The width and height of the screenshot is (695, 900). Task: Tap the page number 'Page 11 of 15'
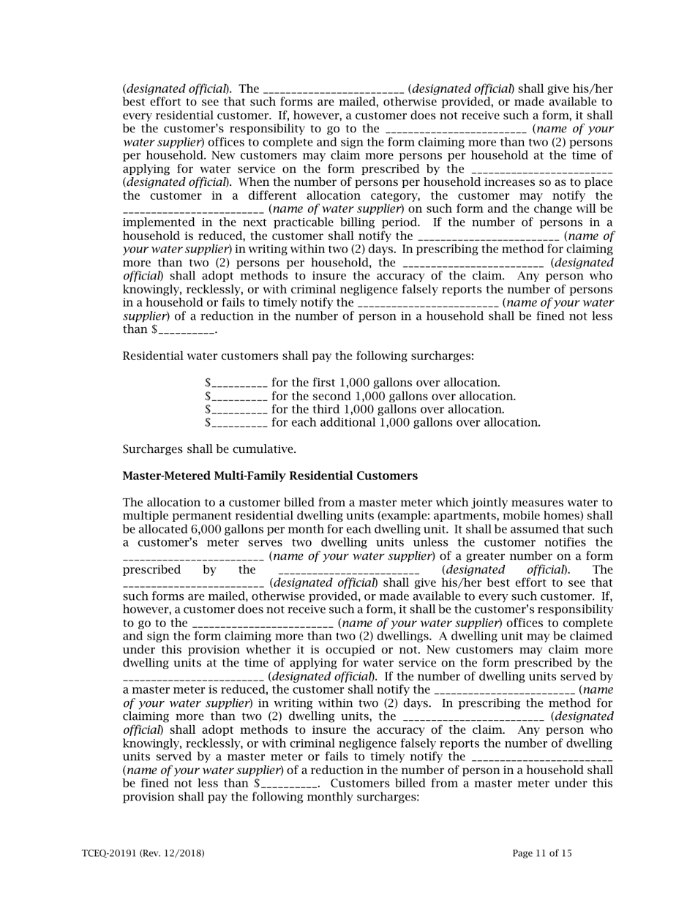(x=542, y=853)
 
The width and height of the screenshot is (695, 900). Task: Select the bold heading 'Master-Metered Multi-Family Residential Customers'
(x=270, y=476)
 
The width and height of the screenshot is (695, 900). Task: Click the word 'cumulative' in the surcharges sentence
(x=266, y=449)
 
